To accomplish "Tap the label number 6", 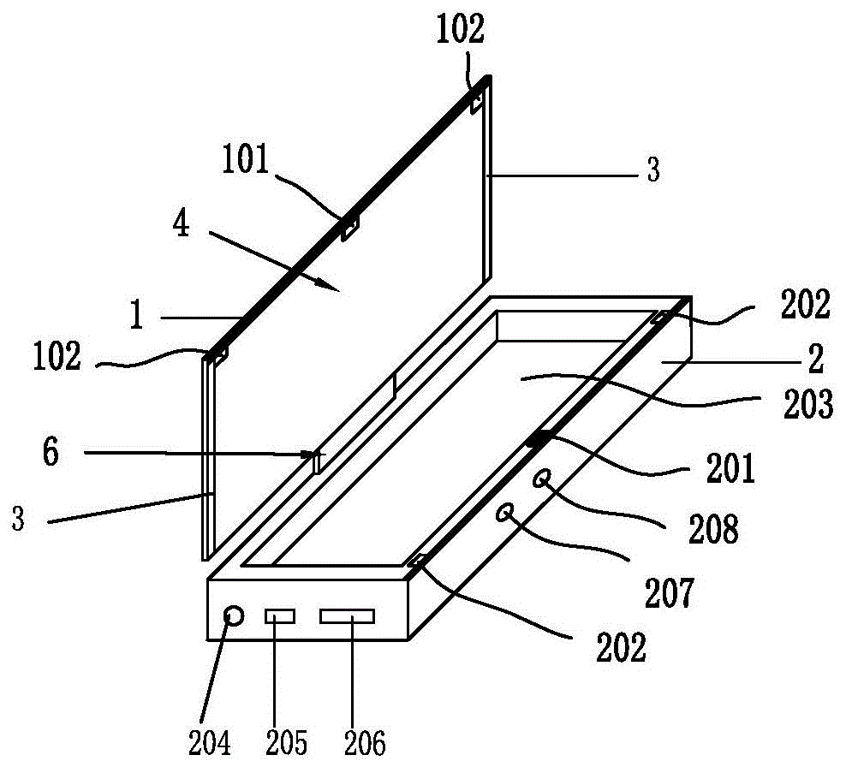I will pos(51,452).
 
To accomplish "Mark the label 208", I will pos(713,530).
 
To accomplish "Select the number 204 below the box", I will pos(213,741).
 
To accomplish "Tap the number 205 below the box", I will pos(286,741).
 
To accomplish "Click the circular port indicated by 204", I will pos(233,615).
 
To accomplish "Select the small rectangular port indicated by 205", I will pos(280,615).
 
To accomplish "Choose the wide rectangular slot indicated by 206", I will pos(348,615).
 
